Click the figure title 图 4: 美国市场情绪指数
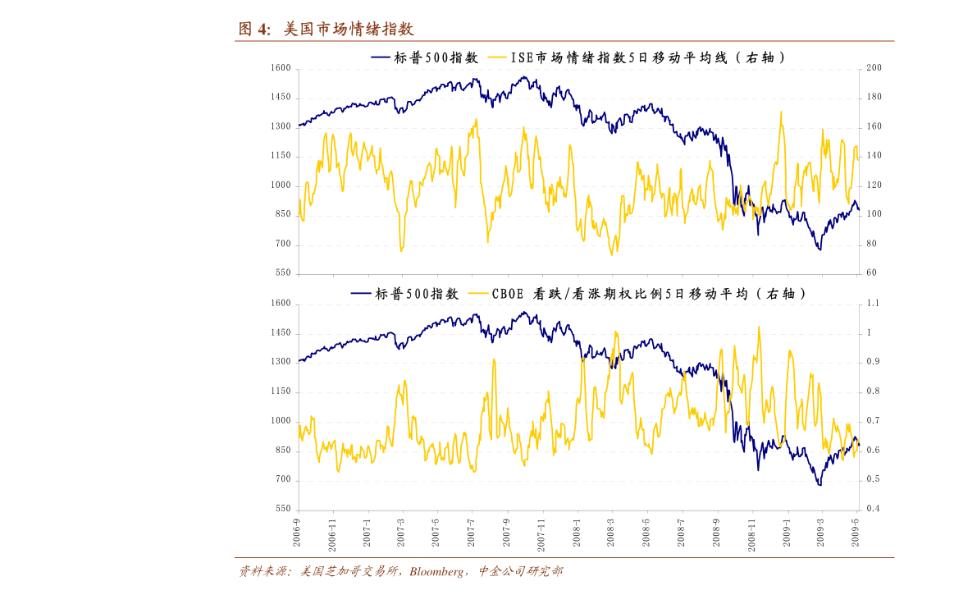326,30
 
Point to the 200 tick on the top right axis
874,68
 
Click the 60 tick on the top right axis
871,273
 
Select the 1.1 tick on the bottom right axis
874,304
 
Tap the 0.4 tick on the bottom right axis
874,509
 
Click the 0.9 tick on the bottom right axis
874,362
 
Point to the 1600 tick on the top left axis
281,68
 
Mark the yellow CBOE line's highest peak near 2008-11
759,327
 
